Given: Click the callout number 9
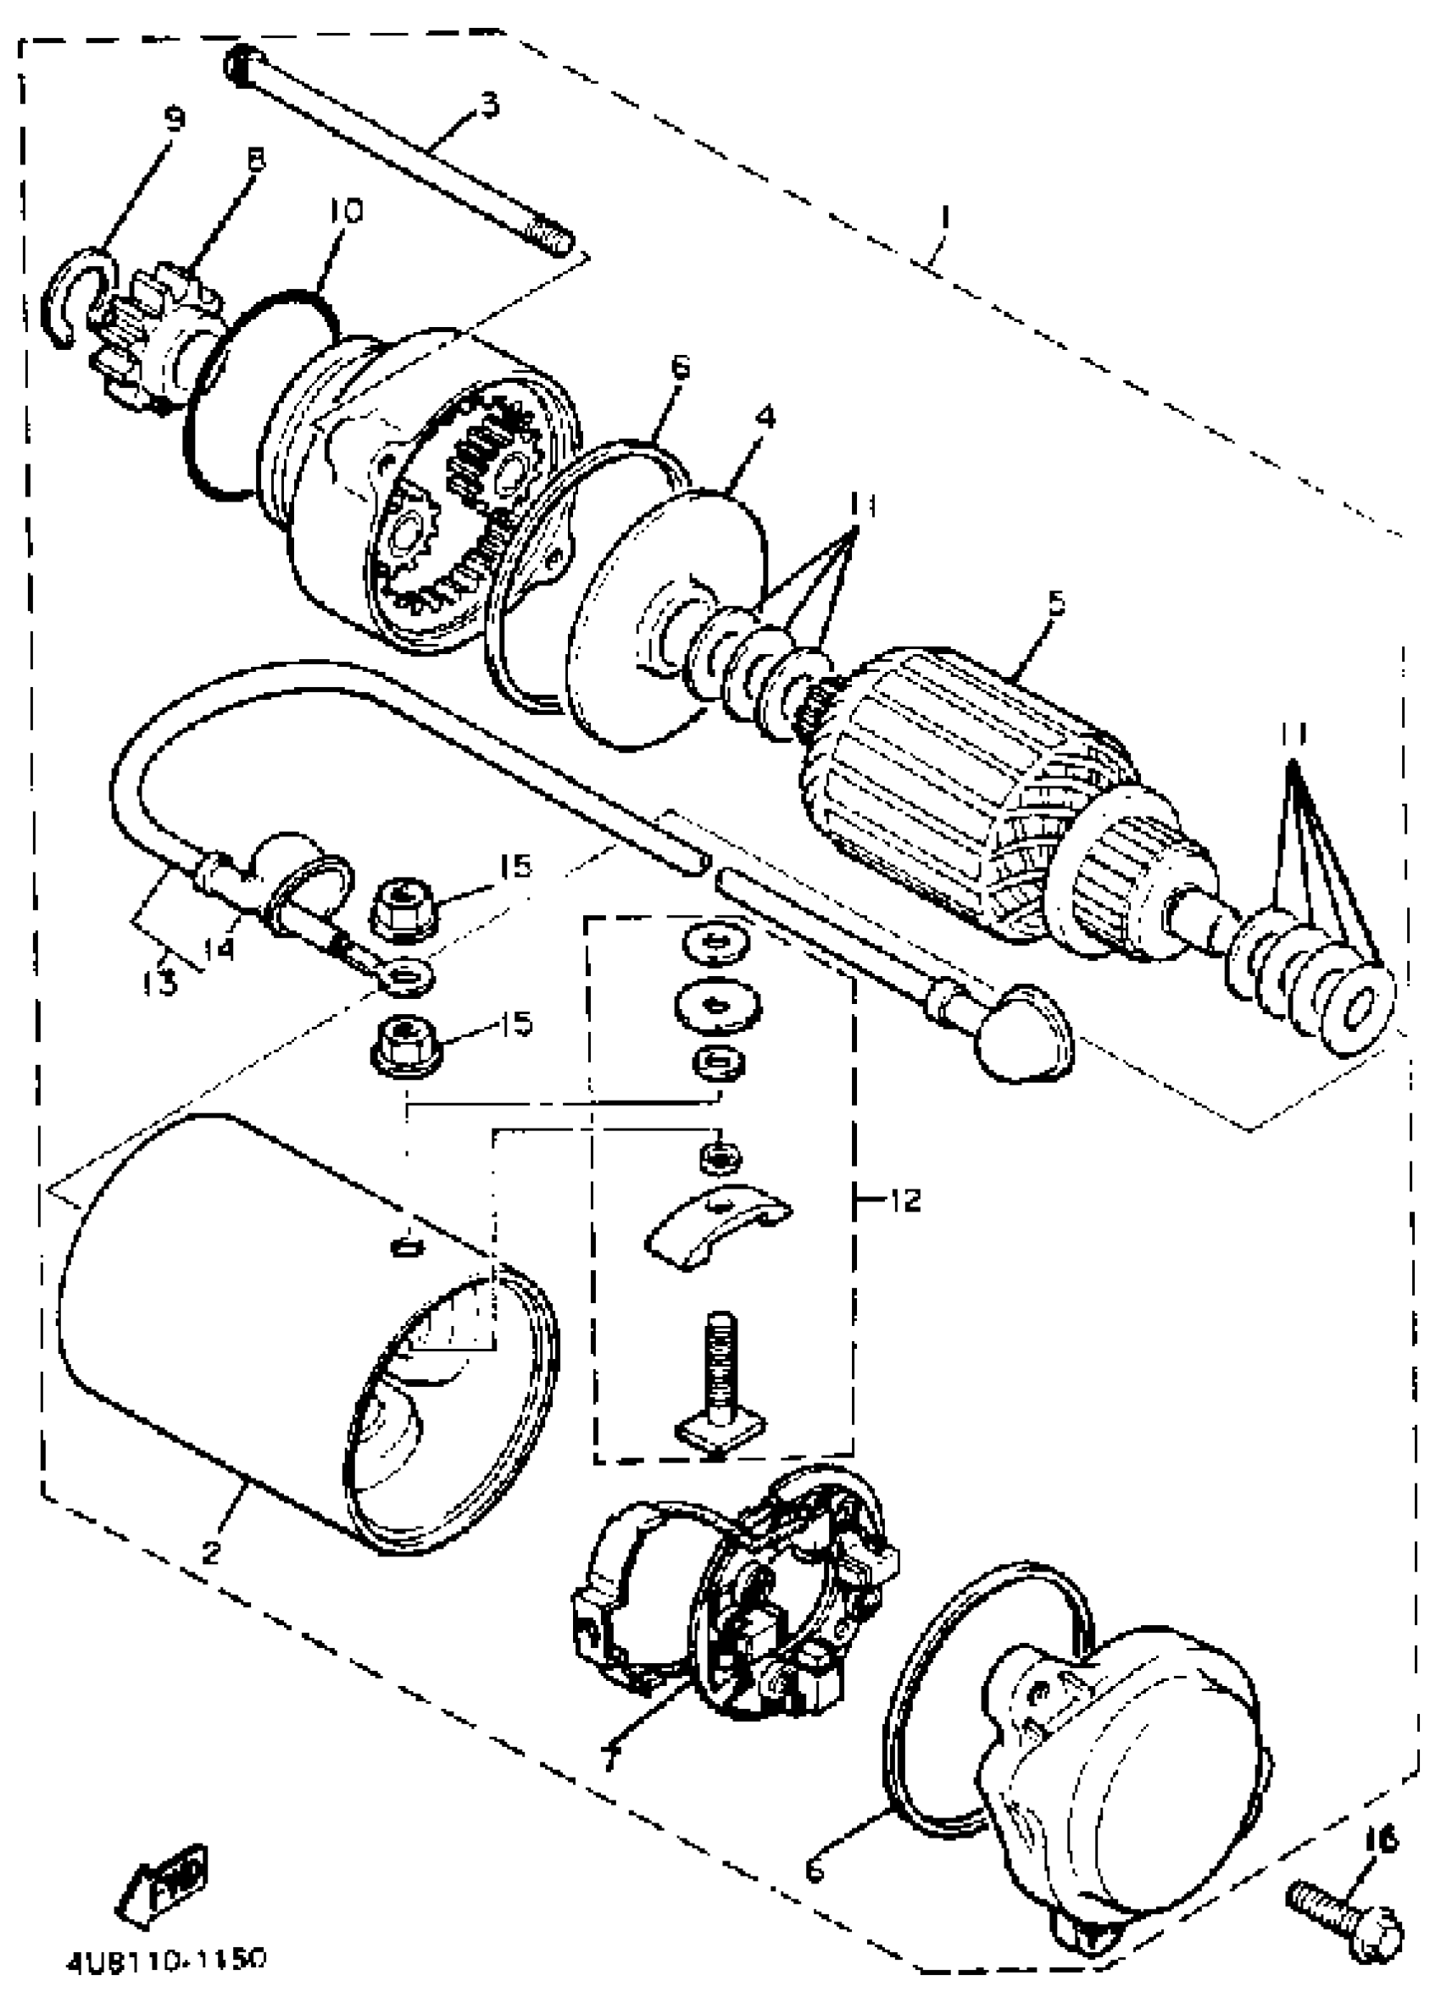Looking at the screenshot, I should point(175,118).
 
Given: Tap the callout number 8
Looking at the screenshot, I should point(255,159).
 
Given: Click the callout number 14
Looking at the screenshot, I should point(218,949).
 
